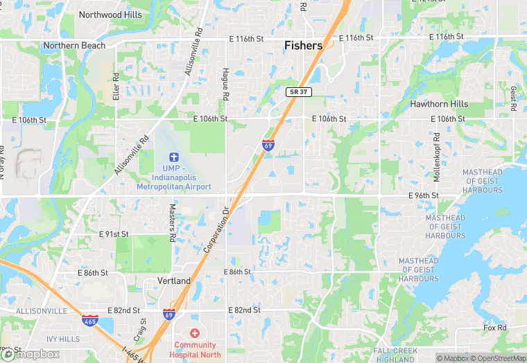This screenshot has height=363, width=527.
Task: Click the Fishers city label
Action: [x=303, y=46]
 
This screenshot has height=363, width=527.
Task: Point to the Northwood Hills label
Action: [x=110, y=15]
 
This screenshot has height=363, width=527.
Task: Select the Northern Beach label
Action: [x=74, y=46]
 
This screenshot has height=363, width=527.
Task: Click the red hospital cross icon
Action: [x=195, y=333]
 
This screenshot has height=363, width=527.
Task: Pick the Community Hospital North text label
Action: [x=195, y=349]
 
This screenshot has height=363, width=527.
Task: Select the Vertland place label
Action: [x=174, y=281]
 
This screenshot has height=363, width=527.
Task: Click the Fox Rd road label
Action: [x=495, y=328]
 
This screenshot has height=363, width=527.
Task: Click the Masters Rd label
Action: [x=173, y=222]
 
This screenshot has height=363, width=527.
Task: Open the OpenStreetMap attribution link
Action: [x=498, y=358]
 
